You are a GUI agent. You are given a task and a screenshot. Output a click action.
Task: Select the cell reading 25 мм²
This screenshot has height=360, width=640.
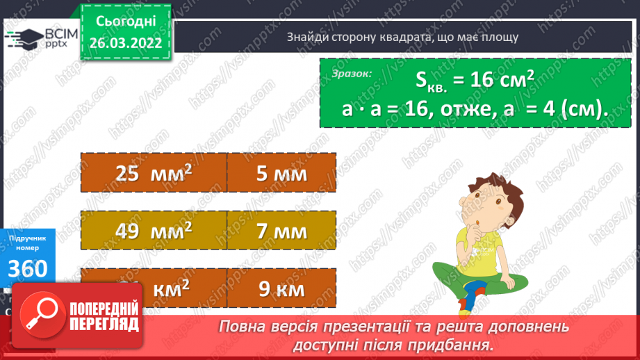tap(154, 173)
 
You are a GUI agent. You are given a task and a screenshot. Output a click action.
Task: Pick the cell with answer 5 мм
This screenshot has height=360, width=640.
tap(281, 173)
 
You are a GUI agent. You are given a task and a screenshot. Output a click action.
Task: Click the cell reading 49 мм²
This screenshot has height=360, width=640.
tap(154, 230)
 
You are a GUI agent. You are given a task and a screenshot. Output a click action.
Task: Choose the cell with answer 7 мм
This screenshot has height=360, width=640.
tap(281, 230)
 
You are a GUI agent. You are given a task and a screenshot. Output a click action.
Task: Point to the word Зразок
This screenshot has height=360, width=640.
tap(351, 73)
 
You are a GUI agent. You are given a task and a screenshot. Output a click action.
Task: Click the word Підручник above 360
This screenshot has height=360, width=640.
tap(28, 238)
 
